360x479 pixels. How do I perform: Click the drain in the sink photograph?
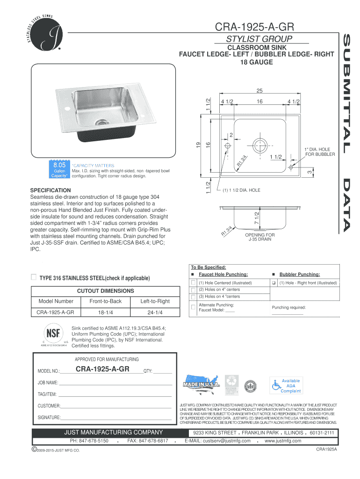99,123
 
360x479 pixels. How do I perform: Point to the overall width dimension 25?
259,91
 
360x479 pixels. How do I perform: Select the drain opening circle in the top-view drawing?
259,144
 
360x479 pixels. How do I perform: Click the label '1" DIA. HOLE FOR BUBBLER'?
320,152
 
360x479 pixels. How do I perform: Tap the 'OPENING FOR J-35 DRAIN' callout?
260,237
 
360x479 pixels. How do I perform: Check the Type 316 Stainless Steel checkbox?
33,277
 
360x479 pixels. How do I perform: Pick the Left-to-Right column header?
155,301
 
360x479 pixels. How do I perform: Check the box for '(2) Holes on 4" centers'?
193,290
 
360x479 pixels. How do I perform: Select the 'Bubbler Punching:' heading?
300,274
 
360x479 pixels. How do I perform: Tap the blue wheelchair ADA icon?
276,385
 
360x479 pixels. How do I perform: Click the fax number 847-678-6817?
148,441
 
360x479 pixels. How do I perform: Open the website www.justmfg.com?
283,441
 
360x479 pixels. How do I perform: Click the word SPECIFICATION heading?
50,190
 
